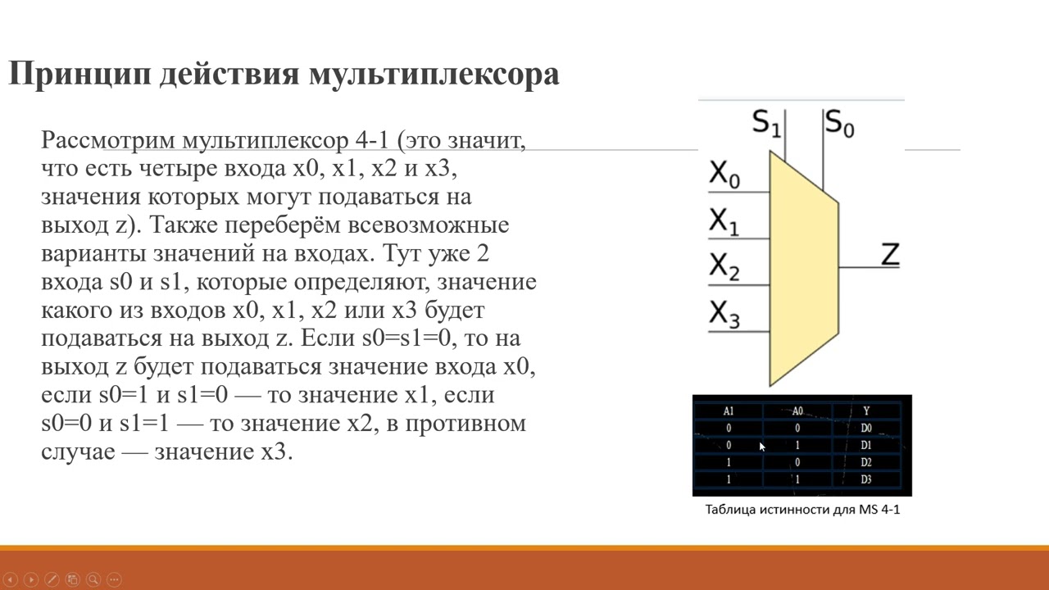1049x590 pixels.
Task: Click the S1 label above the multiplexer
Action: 766,123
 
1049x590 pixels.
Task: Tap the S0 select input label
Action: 839,123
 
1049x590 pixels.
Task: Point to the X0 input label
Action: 724,174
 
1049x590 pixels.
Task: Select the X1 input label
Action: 724,221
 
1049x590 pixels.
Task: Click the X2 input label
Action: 724,267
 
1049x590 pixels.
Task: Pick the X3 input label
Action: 724,314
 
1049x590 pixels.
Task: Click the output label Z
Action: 890,254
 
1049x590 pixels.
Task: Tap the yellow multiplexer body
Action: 802,270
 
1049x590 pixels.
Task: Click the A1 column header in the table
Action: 729,411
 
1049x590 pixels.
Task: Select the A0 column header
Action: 797,411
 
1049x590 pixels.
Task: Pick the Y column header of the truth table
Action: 866,411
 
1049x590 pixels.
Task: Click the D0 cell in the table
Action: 866,428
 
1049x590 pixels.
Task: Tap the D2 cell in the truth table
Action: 866,462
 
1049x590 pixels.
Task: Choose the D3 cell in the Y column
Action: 866,479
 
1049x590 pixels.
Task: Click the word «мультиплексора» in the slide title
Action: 434,75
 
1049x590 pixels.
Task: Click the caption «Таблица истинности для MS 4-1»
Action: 802,510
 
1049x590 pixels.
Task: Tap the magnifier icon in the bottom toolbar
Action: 93,579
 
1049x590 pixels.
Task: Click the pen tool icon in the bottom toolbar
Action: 52,579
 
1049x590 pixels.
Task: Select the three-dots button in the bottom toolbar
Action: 114,579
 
